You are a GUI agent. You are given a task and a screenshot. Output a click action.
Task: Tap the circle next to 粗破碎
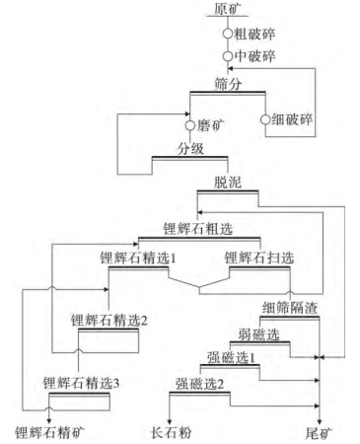click(229, 34)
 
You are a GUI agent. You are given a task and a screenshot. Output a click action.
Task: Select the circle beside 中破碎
click(229, 56)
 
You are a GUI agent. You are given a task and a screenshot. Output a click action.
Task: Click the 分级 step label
click(190, 150)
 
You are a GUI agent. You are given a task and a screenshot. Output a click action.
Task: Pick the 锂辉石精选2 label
click(109, 320)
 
